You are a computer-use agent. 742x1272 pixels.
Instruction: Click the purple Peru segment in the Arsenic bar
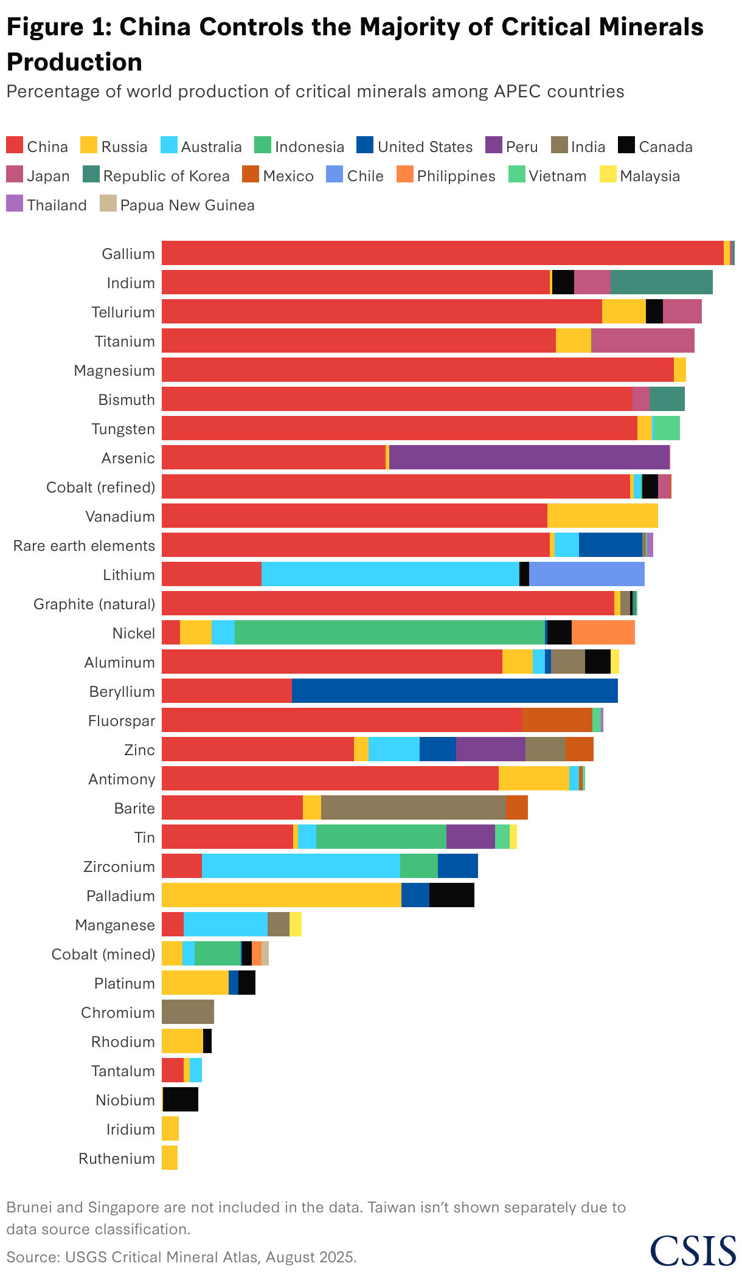coord(529,457)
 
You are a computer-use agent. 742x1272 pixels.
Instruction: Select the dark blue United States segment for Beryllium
coord(454,691)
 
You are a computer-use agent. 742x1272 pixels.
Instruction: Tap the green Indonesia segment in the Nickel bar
coord(389,632)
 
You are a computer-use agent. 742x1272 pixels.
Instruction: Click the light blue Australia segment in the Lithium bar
coord(390,574)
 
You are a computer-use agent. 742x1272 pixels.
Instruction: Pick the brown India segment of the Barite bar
coord(413,807)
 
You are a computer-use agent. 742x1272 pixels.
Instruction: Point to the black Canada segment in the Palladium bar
coord(451,895)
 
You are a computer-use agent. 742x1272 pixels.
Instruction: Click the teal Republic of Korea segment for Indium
coord(661,282)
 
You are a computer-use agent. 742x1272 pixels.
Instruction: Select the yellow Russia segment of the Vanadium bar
coord(602,516)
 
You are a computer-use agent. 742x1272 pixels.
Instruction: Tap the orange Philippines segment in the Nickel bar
coord(603,632)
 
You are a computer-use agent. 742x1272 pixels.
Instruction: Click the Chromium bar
coord(187,1012)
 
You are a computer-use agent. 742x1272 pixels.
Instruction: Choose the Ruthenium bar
coord(170,1158)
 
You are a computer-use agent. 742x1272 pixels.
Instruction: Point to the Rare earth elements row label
coord(84,545)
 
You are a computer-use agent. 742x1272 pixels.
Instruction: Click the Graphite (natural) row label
coord(94,604)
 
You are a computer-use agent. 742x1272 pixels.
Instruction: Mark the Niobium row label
coord(125,1100)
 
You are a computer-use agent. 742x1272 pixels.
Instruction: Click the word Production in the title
coord(74,62)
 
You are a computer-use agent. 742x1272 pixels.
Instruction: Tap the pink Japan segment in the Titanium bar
coord(642,340)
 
